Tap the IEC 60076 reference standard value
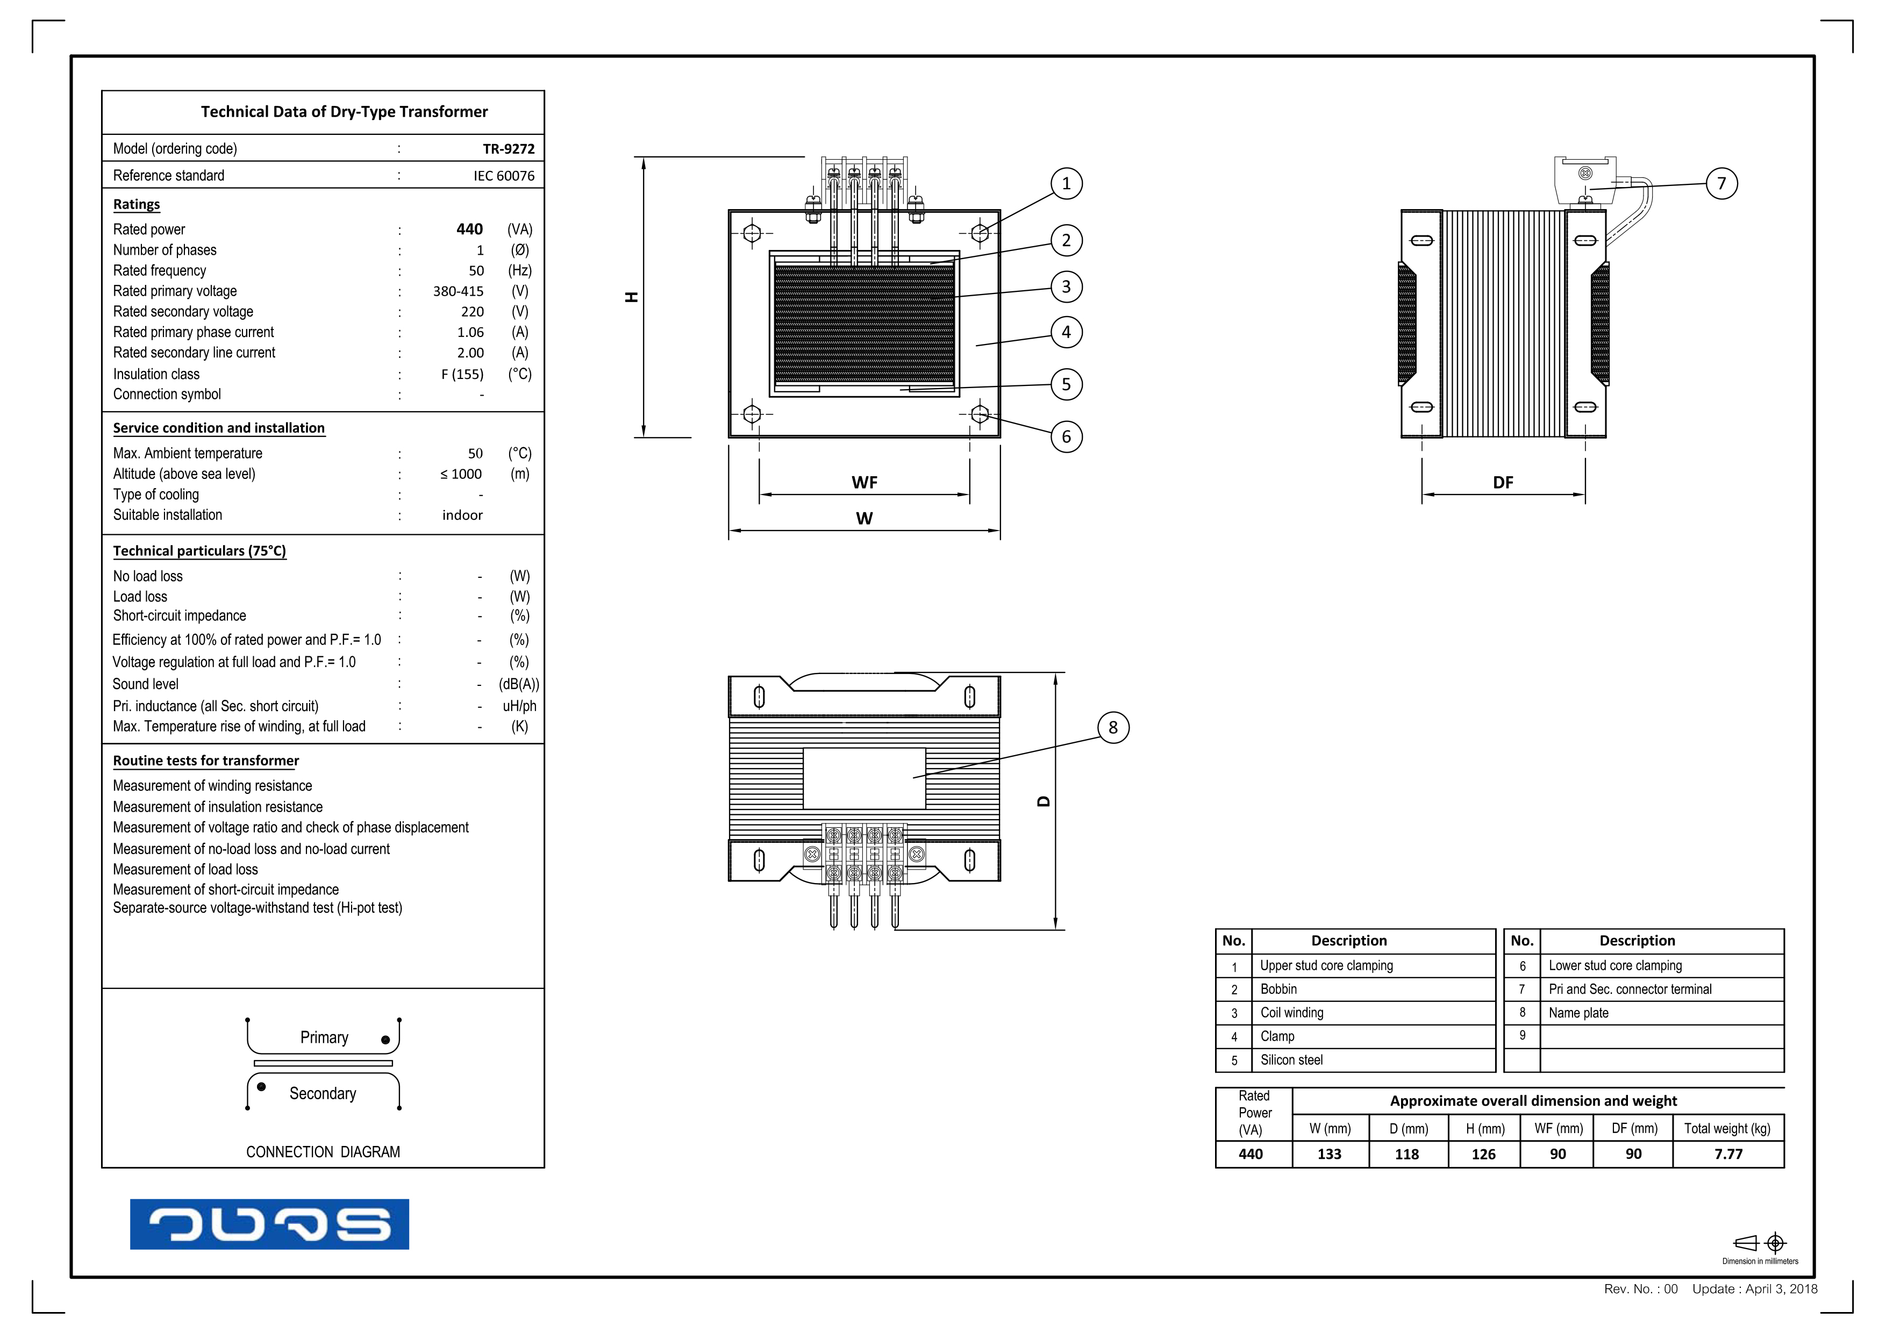(504, 176)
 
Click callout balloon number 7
(1721, 183)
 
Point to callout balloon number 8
(1112, 728)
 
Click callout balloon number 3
(1066, 286)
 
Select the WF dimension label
(864, 483)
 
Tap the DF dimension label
(1502, 483)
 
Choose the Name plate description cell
(1578, 1013)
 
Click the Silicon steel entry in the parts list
(1291, 1060)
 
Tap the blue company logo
(269, 1224)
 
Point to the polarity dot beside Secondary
(261, 1087)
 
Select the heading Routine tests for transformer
(205, 761)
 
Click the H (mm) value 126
(1483, 1154)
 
